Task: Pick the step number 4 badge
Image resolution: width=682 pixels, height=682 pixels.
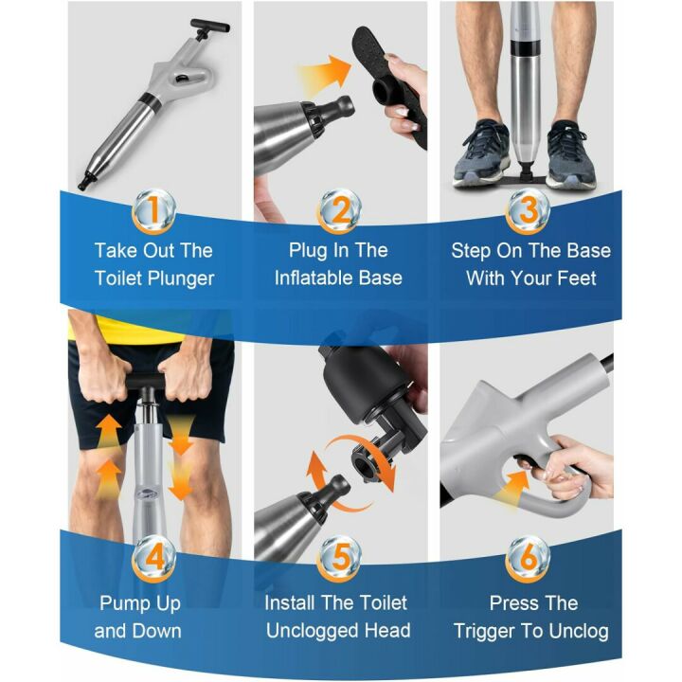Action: click(154, 559)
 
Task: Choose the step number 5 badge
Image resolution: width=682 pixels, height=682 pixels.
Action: click(341, 559)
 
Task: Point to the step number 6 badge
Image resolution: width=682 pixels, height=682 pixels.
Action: click(528, 559)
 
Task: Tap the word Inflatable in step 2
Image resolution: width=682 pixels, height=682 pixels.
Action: click(314, 278)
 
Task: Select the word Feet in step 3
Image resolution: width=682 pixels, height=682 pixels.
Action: click(577, 278)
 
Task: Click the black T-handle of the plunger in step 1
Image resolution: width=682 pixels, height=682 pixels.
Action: click(209, 27)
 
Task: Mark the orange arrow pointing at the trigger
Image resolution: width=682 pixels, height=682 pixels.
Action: click(513, 489)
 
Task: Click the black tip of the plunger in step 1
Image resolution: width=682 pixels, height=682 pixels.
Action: click(85, 181)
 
